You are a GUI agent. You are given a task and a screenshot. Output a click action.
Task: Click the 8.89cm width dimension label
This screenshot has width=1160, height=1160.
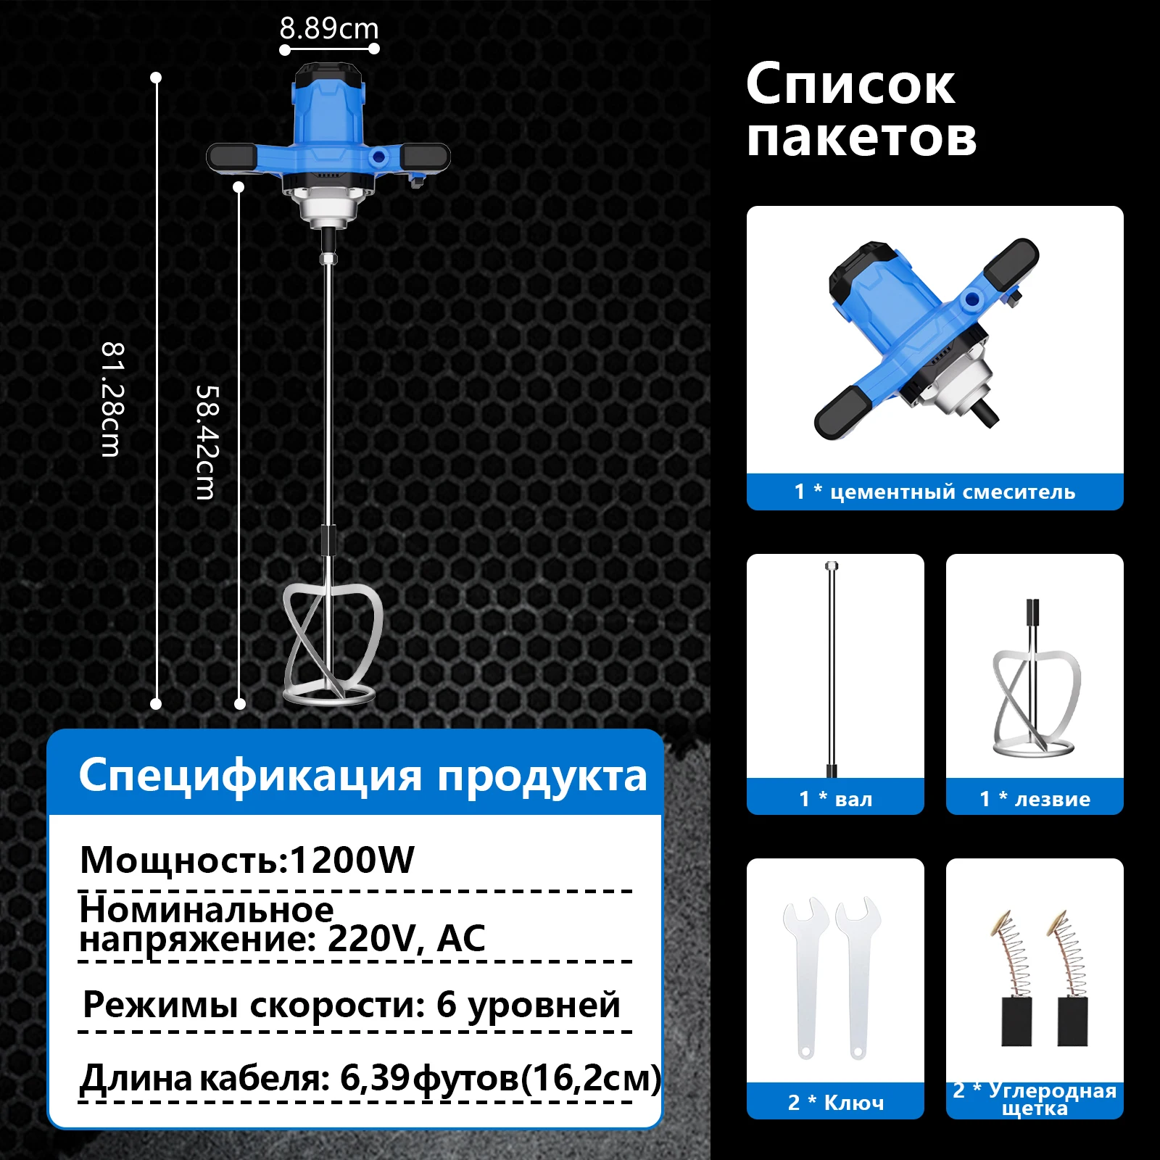[329, 29]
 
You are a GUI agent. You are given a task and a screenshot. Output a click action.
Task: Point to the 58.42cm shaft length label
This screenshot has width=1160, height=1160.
[207, 442]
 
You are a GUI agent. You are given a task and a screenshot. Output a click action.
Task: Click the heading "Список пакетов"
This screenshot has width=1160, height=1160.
[861, 110]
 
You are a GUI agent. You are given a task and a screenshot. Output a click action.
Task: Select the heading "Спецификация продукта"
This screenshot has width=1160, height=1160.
[362, 775]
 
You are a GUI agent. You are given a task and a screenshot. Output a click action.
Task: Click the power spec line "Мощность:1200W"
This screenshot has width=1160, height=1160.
[247, 861]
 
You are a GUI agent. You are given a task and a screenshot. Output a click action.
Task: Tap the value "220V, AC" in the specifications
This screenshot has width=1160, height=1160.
[406, 939]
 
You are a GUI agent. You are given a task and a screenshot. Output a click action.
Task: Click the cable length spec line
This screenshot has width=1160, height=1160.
[370, 1078]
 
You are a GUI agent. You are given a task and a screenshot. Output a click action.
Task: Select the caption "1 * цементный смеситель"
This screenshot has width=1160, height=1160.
[935, 492]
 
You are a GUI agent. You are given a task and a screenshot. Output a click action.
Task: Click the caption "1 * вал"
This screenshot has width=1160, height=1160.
[835, 799]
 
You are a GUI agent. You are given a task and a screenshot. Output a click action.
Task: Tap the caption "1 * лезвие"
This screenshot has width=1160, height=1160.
[1035, 799]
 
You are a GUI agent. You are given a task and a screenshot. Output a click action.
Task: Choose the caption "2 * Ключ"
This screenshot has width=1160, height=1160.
[835, 1103]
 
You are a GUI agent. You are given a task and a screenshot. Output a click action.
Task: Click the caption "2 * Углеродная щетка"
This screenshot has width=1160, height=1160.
[1035, 1099]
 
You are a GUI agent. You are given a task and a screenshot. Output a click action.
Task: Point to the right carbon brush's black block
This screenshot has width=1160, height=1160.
[1072, 1022]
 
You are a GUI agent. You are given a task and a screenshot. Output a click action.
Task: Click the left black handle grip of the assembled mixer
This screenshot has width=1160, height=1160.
[231, 156]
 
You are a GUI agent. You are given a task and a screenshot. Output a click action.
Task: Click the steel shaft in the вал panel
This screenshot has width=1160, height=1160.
[832, 667]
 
